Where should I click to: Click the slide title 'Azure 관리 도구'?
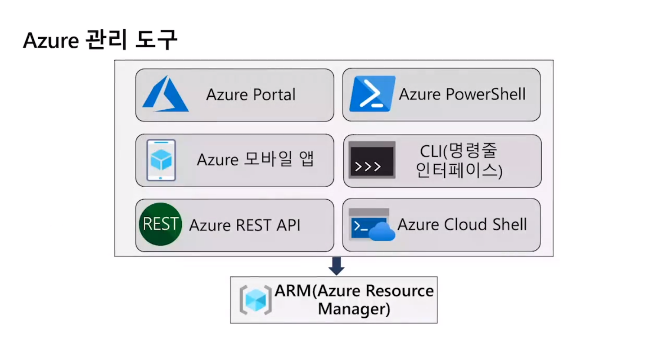(x=100, y=41)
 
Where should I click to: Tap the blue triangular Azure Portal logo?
(x=165, y=94)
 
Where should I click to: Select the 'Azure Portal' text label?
(x=251, y=95)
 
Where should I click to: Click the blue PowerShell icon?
(x=372, y=94)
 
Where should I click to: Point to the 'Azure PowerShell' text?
(x=462, y=94)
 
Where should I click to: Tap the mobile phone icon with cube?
(x=161, y=160)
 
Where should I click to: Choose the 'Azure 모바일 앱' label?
(x=255, y=160)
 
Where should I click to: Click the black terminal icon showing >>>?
(x=372, y=160)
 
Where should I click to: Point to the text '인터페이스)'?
(x=459, y=171)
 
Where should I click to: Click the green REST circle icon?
(x=160, y=224)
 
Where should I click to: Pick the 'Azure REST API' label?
(x=244, y=225)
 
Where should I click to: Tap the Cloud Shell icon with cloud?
(x=371, y=225)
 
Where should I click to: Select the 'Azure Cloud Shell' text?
(x=462, y=225)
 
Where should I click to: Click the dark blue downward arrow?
(x=336, y=266)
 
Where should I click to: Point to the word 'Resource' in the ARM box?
(x=400, y=291)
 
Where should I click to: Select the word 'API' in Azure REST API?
(x=288, y=225)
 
